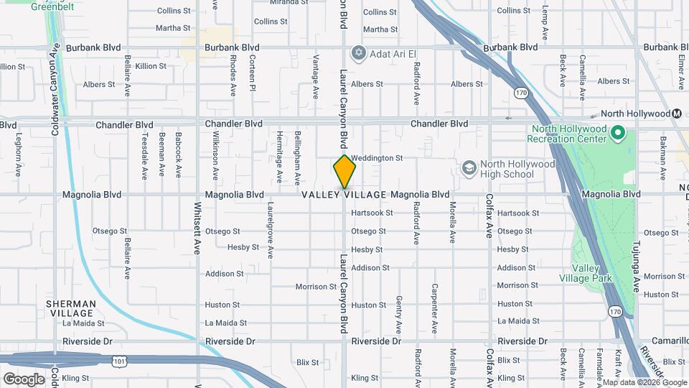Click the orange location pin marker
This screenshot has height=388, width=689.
tap(344, 172)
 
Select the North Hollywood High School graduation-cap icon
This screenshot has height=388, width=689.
tap(469, 168)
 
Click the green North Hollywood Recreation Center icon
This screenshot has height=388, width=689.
tap(619, 134)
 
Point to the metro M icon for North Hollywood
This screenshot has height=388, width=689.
tap(677, 114)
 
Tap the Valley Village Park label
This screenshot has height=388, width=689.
tap(586, 273)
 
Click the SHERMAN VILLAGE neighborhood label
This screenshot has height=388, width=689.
tap(70, 309)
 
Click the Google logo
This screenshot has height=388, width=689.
tap(24, 379)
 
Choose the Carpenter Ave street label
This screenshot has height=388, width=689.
tap(434, 308)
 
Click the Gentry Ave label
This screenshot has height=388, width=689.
tap(398, 309)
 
